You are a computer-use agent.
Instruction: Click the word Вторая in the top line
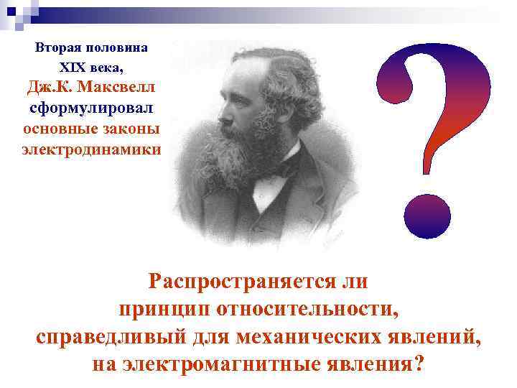(x=58, y=48)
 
